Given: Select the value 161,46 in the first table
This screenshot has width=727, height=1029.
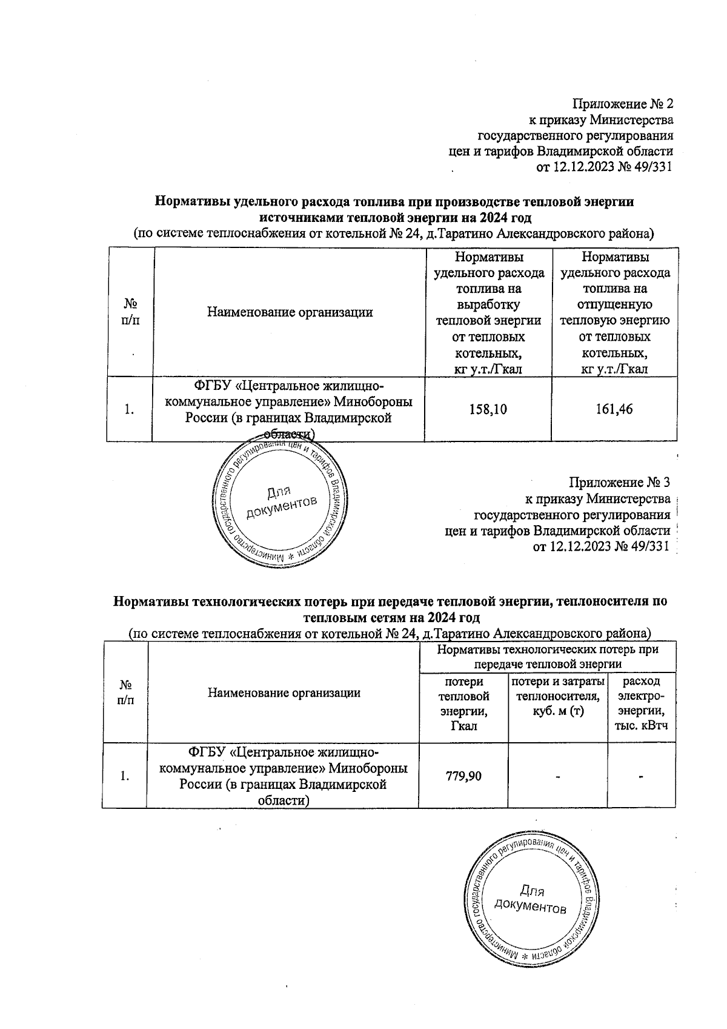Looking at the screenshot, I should click(614, 410).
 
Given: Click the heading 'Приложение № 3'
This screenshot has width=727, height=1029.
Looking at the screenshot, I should click(620, 483).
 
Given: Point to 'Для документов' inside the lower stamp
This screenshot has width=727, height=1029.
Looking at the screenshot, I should click(531, 899).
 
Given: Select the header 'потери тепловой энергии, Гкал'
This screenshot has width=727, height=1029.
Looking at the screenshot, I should click(464, 703).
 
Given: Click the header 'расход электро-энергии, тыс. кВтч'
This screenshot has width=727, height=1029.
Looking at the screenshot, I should click(642, 703).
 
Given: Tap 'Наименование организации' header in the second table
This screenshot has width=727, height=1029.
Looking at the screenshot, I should click(284, 692).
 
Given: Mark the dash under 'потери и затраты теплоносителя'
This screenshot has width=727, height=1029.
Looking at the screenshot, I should click(557, 776).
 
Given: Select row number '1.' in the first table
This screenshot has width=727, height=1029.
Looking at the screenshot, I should click(129, 410).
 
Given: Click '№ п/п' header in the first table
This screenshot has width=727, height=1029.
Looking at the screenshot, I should click(130, 313).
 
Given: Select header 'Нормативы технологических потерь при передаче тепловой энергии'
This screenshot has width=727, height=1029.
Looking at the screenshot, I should click(547, 656).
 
